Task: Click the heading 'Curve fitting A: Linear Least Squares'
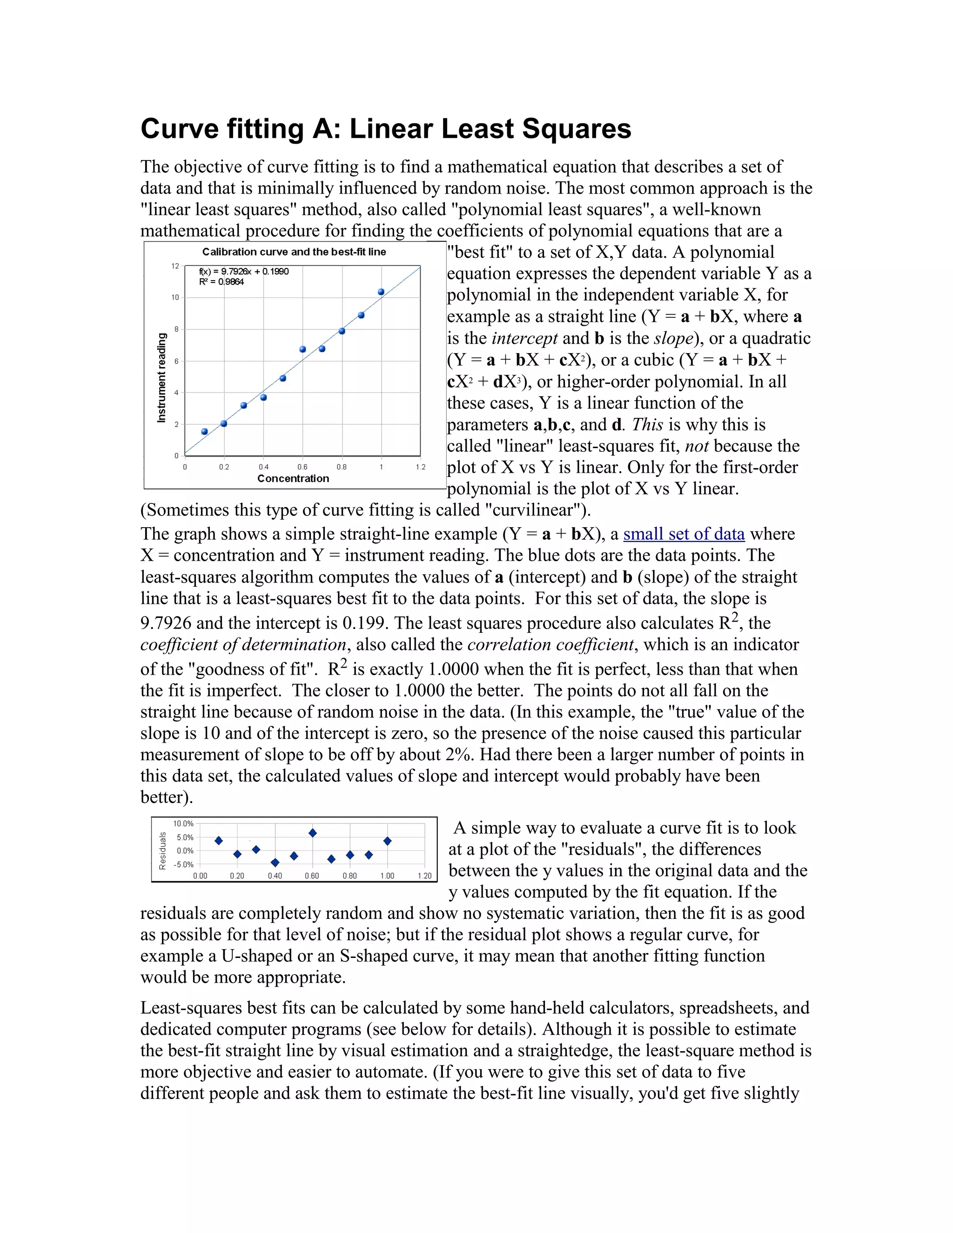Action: [386, 129]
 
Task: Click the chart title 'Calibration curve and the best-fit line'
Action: [294, 252]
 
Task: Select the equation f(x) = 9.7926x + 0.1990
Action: [243, 272]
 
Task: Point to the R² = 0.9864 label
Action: [221, 281]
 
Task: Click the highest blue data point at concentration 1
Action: [381, 292]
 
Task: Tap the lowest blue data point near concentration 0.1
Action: [204, 431]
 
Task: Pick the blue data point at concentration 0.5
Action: [283, 378]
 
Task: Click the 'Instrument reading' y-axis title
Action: [162, 377]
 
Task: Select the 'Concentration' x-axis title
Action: [293, 478]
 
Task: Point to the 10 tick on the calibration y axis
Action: [175, 297]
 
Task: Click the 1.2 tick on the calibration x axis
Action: [420, 467]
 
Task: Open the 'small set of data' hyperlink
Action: [684, 534]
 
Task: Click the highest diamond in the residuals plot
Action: [313, 833]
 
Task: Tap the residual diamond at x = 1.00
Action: [387, 841]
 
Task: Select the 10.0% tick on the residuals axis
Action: [183, 824]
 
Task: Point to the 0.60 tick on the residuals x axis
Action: [312, 876]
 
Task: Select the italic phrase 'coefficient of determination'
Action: [243, 645]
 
